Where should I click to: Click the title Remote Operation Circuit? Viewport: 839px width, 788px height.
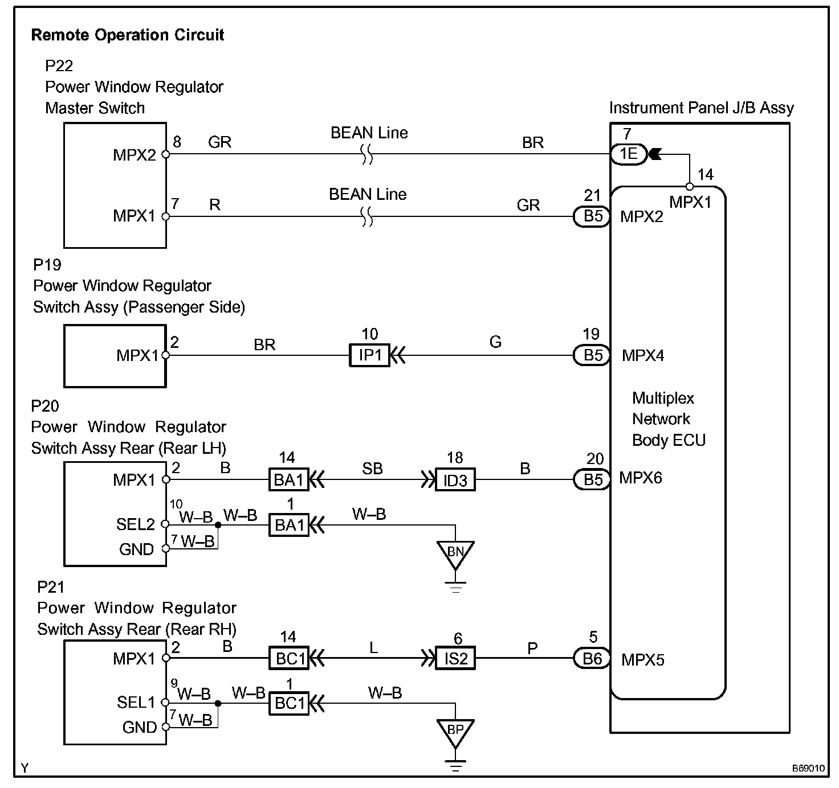[127, 35]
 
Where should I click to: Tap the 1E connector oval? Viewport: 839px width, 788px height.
[629, 154]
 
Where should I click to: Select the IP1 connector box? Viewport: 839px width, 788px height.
[369, 356]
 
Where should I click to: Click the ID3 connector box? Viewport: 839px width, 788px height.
[455, 481]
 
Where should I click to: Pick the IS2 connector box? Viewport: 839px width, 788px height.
[455, 659]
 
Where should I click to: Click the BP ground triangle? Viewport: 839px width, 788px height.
[455, 730]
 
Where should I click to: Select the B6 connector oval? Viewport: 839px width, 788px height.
[592, 659]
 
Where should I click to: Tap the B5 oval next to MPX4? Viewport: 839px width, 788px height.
[592, 356]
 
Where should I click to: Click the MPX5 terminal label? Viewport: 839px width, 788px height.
[643, 660]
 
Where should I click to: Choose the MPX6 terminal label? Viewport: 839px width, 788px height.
[641, 478]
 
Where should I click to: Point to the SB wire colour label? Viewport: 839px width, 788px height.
[372, 469]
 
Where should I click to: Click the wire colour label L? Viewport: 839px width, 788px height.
[374, 648]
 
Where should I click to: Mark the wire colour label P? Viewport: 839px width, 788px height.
[532, 648]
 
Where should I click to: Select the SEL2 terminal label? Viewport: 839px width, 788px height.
[136, 524]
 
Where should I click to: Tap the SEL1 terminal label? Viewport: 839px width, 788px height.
[136, 703]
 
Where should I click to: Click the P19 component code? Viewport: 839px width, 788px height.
[47, 265]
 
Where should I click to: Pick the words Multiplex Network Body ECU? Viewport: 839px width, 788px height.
[669, 419]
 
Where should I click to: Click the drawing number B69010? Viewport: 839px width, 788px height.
[808, 768]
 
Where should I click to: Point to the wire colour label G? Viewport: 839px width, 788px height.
[495, 342]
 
